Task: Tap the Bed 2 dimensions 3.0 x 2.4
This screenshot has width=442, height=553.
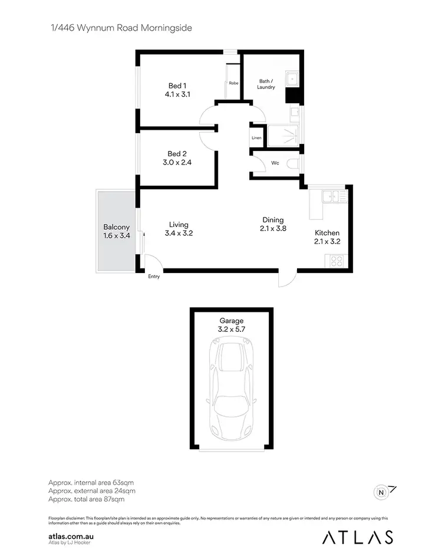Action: pos(178,162)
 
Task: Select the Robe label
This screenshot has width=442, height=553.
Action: pos(233,83)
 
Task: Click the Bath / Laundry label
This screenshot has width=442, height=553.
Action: pos(266,84)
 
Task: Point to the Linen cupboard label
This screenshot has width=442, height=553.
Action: pos(256,138)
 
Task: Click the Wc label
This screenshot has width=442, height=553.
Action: pos(275,163)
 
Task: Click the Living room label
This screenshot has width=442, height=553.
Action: pos(179,225)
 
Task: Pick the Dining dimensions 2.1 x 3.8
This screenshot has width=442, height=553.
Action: pos(273,229)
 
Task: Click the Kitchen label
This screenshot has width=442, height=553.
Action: pos(326,233)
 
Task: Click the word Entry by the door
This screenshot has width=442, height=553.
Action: pos(154,276)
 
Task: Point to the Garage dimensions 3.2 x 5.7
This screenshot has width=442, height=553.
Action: pos(231,330)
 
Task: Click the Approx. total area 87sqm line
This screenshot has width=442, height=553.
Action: pos(86,499)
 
